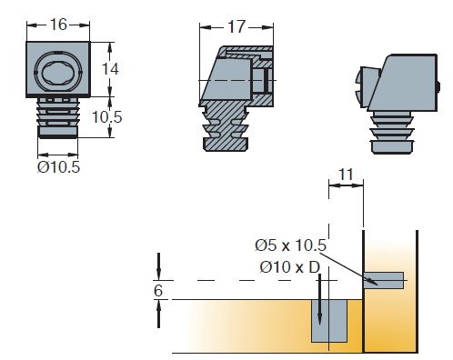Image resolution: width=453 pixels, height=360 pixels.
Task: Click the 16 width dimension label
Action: click(58, 25)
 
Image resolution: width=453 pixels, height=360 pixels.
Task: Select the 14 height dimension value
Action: click(110, 69)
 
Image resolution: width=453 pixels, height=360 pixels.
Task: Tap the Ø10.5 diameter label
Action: click(58, 167)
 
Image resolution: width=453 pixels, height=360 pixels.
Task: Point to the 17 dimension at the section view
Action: click(236, 27)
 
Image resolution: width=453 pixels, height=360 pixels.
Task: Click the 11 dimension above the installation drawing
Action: click(346, 175)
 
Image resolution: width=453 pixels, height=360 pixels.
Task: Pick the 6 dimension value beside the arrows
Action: click(158, 291)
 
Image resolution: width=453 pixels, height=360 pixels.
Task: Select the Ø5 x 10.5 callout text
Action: click(290, 245)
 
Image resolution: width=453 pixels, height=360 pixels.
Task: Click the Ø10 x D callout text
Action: click(290, 267)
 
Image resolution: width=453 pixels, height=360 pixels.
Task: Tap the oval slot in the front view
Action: click(58, 73)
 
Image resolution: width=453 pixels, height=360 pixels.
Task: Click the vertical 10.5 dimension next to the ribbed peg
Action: click(106, 117)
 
